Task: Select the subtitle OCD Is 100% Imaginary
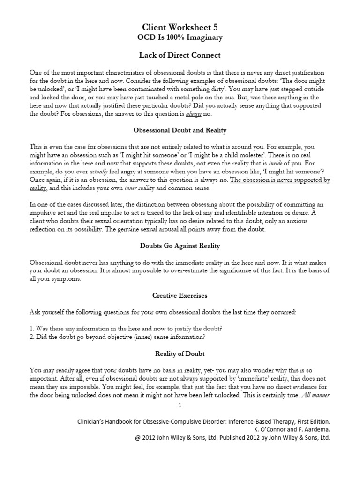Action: pyautogui.click(x=180, y=37)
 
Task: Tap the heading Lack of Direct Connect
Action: pyautogui.click(x=180, y=55)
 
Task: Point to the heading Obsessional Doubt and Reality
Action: pyautogui.click(x=180, y=130)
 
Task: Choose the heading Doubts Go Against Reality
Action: pyautogui.click(x=180, y=246)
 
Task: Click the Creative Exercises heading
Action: pyautogui.click(x=180, y=296)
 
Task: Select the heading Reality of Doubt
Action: pyautogui.click(x=180, y=353)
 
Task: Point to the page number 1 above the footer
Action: pyautogui.click(x=180, y=405)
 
